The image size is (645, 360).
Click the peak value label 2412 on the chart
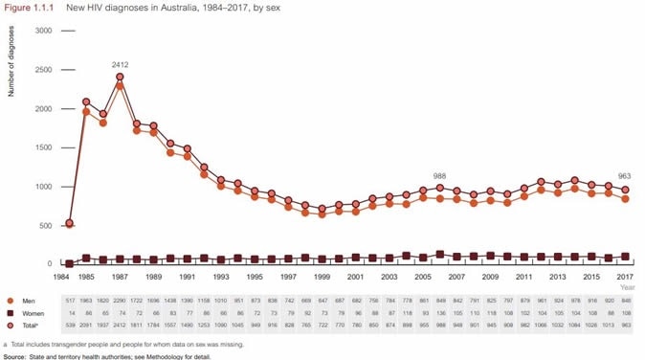(121, 65)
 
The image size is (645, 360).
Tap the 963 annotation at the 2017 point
(625, 177)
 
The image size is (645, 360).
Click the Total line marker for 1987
(121, 78)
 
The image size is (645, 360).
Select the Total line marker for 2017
(625, 190)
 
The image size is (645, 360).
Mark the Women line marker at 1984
(68, 263)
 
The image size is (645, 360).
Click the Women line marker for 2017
(625, 257)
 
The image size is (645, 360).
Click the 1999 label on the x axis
(322, 276)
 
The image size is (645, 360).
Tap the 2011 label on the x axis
(523, 276)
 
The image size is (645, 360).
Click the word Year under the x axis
(627, 286)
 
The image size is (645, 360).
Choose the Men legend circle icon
(10, 301)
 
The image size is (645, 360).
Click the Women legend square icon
(10, 313)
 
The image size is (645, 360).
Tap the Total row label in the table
(31, 326)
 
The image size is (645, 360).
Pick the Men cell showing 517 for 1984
(70, 301)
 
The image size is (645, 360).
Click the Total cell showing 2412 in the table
(121, 326)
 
